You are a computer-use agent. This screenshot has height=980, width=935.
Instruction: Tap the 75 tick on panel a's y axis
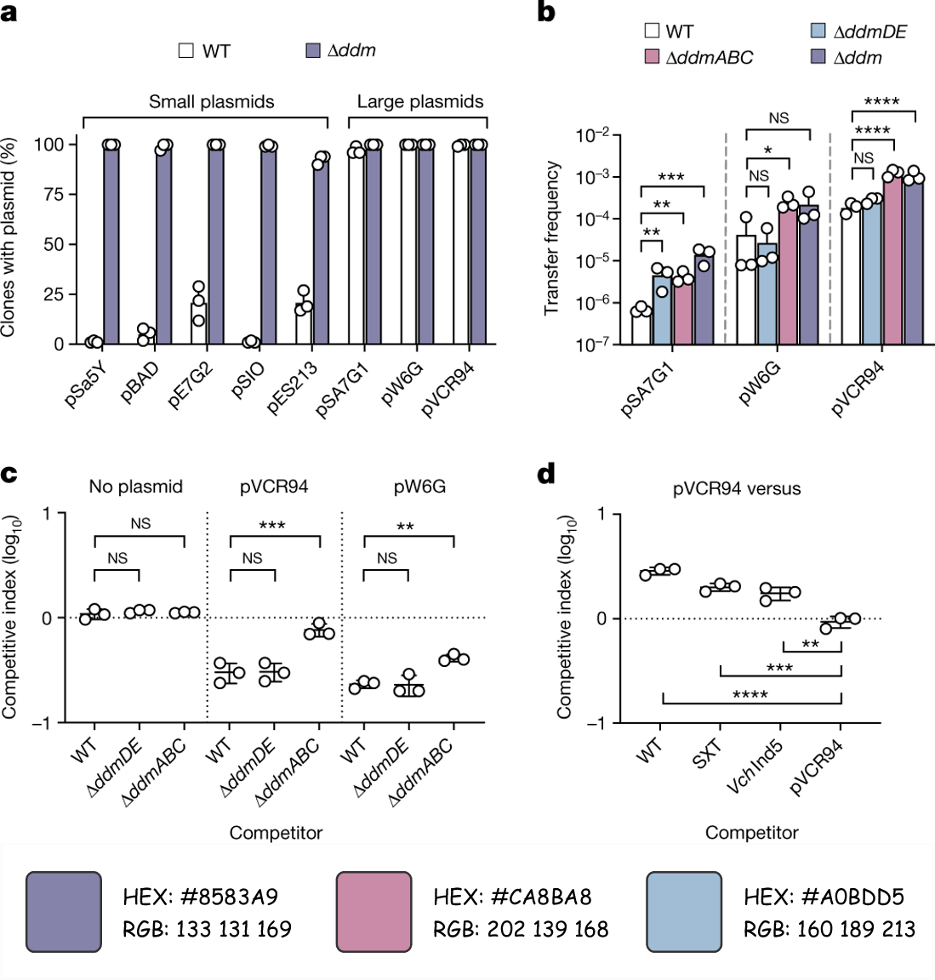54,194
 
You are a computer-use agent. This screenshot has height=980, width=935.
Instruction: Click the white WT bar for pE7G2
198,323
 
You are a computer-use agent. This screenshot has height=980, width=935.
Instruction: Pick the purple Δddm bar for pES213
320,252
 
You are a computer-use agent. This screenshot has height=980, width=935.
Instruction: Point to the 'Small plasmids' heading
211,102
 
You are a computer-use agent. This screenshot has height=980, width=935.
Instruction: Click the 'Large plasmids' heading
420,102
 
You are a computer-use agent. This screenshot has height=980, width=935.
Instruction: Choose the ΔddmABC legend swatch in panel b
653,58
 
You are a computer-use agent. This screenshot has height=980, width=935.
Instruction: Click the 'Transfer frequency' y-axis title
552,238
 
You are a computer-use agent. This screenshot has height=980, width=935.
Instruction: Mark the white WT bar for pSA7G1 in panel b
641,327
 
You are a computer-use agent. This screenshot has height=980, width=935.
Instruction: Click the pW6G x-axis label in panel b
760,384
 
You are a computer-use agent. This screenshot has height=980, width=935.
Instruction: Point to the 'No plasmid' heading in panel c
136,487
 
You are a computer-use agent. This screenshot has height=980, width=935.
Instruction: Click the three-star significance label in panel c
271,526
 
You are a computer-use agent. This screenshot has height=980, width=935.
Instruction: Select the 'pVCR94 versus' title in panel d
737,489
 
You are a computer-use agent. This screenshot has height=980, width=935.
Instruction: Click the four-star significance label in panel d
750,695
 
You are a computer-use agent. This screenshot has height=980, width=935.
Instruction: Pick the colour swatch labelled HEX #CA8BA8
374,911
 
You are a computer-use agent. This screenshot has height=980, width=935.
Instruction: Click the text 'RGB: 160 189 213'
830,929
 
